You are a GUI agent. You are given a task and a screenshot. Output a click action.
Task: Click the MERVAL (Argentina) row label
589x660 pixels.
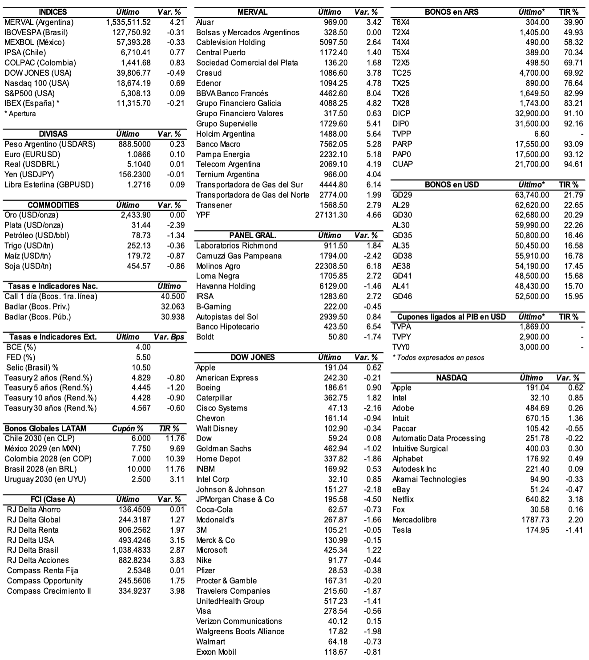coord(39,22)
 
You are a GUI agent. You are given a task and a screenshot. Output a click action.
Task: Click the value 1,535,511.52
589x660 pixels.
coord(129,22)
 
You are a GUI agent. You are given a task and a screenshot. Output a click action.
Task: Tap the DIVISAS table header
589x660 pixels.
coord(53,134)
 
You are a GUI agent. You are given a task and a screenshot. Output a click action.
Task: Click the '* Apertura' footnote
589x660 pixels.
coord(20,114)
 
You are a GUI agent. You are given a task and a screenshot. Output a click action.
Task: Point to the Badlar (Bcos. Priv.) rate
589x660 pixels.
coord(173,307)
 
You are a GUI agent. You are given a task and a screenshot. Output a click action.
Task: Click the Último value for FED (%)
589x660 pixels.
coord(143,358)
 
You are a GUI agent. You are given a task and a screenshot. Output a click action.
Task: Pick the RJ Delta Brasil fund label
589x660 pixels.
coord(32,550)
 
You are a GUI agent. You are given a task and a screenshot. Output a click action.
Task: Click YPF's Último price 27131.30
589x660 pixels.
coord(331,215)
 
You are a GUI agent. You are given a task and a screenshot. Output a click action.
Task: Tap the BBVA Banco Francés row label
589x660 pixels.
coord(232,94)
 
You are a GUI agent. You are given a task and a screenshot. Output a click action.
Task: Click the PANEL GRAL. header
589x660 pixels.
coord(253,236)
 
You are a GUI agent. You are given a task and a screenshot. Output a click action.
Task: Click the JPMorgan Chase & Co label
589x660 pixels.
coord(235,500)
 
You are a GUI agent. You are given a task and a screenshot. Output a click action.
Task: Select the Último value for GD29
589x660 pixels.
coord(532,195)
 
